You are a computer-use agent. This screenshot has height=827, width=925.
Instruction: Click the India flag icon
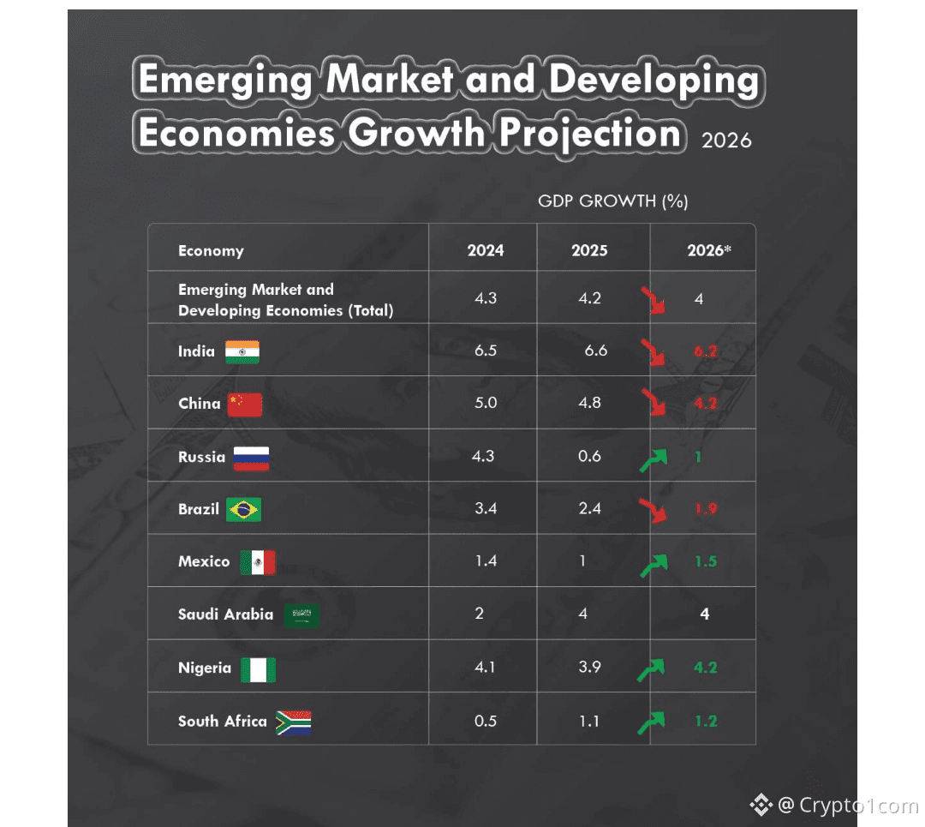242,352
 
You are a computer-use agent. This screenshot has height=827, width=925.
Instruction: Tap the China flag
245,405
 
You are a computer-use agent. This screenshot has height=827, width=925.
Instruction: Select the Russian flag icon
251,458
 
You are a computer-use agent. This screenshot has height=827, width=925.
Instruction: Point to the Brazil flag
244,510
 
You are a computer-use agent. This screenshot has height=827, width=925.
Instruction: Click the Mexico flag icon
258,562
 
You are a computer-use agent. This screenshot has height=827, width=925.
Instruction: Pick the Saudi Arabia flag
301,614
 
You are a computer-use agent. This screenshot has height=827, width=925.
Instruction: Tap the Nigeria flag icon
258,669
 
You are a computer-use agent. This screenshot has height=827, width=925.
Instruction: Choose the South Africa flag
293,722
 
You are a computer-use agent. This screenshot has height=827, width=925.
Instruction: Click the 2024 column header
486,251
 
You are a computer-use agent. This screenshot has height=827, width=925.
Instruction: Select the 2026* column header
709,251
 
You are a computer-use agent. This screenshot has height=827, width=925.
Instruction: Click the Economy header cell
211,251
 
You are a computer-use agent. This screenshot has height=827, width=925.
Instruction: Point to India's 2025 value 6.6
595,351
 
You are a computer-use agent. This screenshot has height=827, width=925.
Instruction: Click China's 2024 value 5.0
486,403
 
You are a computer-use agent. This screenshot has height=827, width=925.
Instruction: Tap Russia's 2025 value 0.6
589,456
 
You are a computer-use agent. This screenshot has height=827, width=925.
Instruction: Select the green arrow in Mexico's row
653,565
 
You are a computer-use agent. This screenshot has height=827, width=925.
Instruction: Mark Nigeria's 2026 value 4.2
706,668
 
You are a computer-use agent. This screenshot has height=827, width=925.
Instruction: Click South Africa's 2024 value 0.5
486,721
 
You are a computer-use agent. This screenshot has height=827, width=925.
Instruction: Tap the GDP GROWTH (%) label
613,201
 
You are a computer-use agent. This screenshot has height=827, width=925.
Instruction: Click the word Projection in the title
591,134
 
